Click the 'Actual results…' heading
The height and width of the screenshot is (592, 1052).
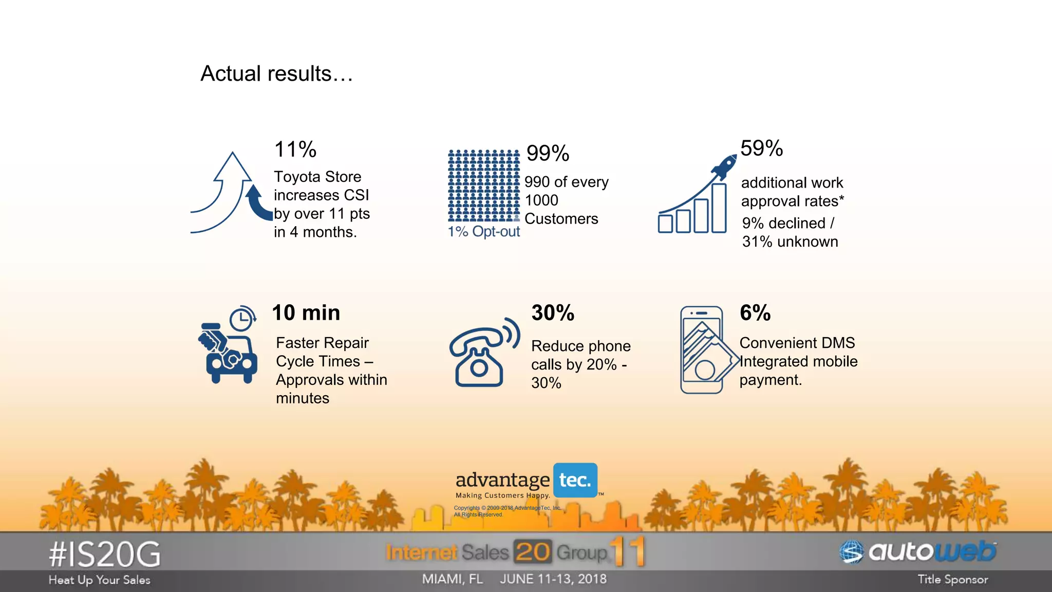tap(276, 73)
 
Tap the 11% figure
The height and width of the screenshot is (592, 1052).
tap(295, 150)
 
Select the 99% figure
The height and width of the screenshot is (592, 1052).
tap(548, 153)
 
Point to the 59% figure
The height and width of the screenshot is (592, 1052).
tap(761, 148)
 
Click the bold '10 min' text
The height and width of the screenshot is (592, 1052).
tap(306, 312)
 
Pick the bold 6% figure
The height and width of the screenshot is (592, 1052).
tap(755, 312)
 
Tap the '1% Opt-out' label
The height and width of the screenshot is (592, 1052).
tap(483, 232)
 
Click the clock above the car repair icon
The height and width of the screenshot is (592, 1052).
tap(241, 319)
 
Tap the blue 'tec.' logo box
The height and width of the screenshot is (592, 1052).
tap(575, 480)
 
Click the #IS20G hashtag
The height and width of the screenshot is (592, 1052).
tap(105, 554)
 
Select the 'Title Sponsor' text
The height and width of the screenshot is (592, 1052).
tap(952, 580)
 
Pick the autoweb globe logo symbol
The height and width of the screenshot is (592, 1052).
tap(852, 552)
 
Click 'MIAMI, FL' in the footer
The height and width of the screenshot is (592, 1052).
tap(453, 579)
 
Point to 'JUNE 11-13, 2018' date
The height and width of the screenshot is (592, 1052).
tap(553, 579)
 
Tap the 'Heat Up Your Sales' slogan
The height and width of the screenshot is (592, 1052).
tap(100, 580)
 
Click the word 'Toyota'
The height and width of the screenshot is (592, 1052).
tap(295, 177)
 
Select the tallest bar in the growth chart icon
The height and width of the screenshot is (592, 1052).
tap(719, 208)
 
